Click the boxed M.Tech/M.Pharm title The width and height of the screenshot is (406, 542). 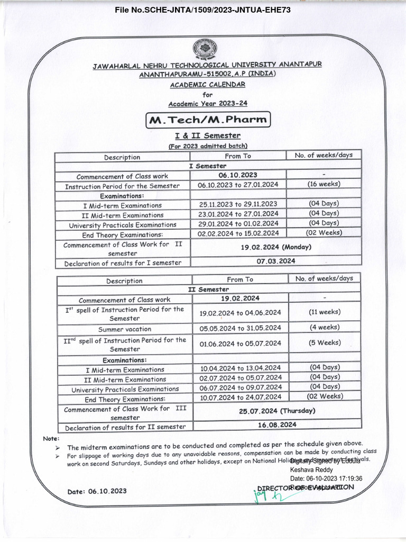[x=208, y=120]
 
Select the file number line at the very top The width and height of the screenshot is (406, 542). [x=203, y=10]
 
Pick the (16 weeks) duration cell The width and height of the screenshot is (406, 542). [x=324, y=184]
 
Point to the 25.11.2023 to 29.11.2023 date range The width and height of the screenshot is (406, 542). [x=238, y=204]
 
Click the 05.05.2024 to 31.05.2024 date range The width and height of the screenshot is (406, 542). [x=240, y=328]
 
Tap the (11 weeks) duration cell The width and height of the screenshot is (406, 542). [x=325, y=312]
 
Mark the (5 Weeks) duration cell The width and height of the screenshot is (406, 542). [x=325, y=343]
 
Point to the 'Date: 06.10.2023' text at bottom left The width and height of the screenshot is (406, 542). [x=97, y=491]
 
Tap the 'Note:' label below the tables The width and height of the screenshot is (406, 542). [x=51, y=439]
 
